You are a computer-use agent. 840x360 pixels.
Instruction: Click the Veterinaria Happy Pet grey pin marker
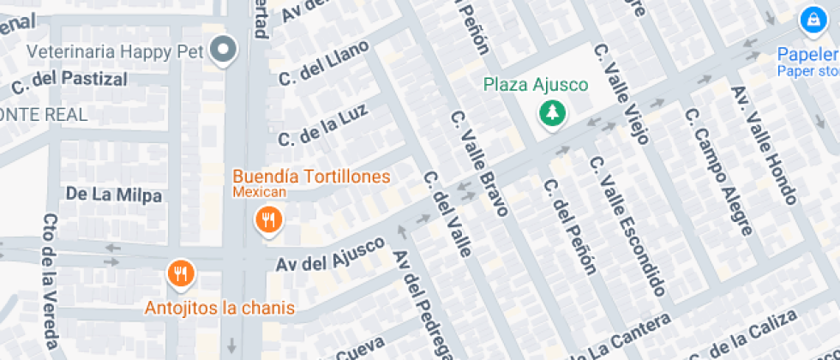pos(225,51)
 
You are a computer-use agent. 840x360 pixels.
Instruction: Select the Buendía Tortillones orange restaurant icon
pos(269,219)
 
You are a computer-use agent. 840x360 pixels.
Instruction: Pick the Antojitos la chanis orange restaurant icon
pos(181,273)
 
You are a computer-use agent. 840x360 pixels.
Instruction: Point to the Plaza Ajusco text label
pos(535,84)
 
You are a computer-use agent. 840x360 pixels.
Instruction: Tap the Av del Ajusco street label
pos(330,255)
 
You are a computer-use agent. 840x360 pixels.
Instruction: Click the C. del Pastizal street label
pos(69,81)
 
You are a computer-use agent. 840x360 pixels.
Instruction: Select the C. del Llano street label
pos(323,63)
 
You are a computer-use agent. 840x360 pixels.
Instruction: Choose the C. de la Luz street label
pos(322,126)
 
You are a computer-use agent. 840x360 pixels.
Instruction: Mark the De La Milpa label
pos(114,195)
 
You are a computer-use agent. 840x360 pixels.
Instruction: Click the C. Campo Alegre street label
pos(721,171)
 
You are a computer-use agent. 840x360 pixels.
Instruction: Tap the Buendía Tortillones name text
pos(312,177)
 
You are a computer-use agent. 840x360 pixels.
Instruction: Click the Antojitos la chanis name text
pos(219,308)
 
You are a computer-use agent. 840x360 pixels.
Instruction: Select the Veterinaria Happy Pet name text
pos(114,51)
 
